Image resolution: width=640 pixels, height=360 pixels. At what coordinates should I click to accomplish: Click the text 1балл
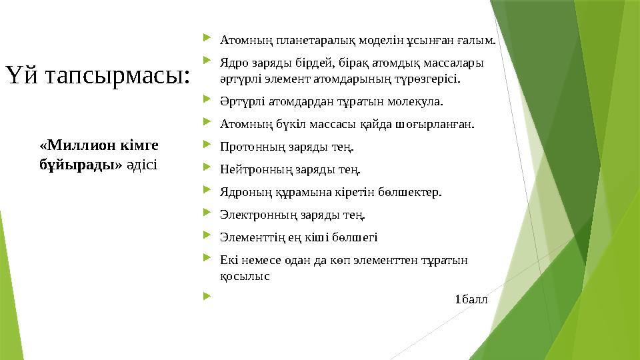click(470, 298)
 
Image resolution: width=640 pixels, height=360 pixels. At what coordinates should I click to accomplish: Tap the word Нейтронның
click(253, 169)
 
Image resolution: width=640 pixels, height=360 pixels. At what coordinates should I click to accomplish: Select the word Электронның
click(255, 214)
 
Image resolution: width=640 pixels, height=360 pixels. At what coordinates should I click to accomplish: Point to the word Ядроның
click(243, 192)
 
